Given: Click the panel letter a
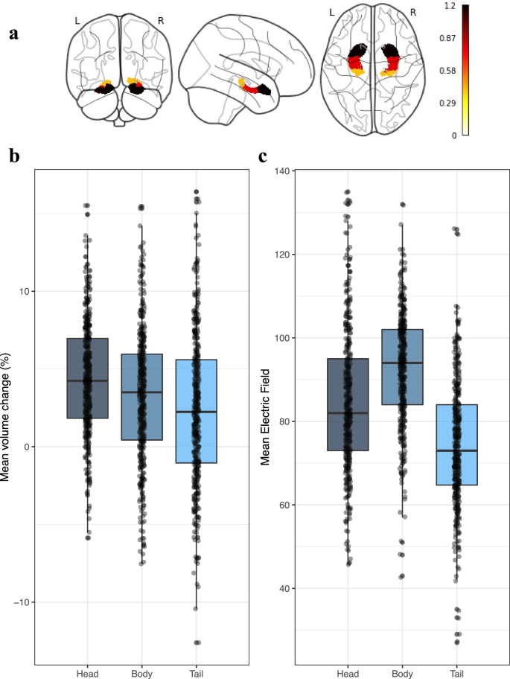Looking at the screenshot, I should click(x=13, y=34).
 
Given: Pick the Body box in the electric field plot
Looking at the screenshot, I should click(x=402, y=367).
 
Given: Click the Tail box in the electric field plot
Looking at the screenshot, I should click(x=456, y=444).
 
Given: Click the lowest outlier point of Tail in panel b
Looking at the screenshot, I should click(x=197, y=642).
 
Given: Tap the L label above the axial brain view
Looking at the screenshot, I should click(x=331, y=13).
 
